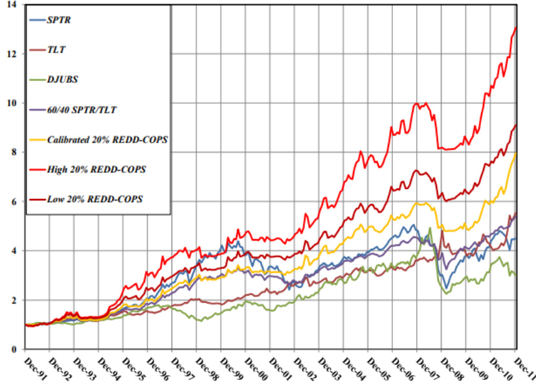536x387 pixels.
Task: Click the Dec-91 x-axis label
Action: (x=34, y=367)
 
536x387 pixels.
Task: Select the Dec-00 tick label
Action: (x=254, y=367)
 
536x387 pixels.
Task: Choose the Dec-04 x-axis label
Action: (x=353, y=367)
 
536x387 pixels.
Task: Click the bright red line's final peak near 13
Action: (x=515, y=27)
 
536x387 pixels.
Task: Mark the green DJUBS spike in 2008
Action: (x=430, y=228)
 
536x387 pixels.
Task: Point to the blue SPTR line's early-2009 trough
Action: (x=446, y=288)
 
